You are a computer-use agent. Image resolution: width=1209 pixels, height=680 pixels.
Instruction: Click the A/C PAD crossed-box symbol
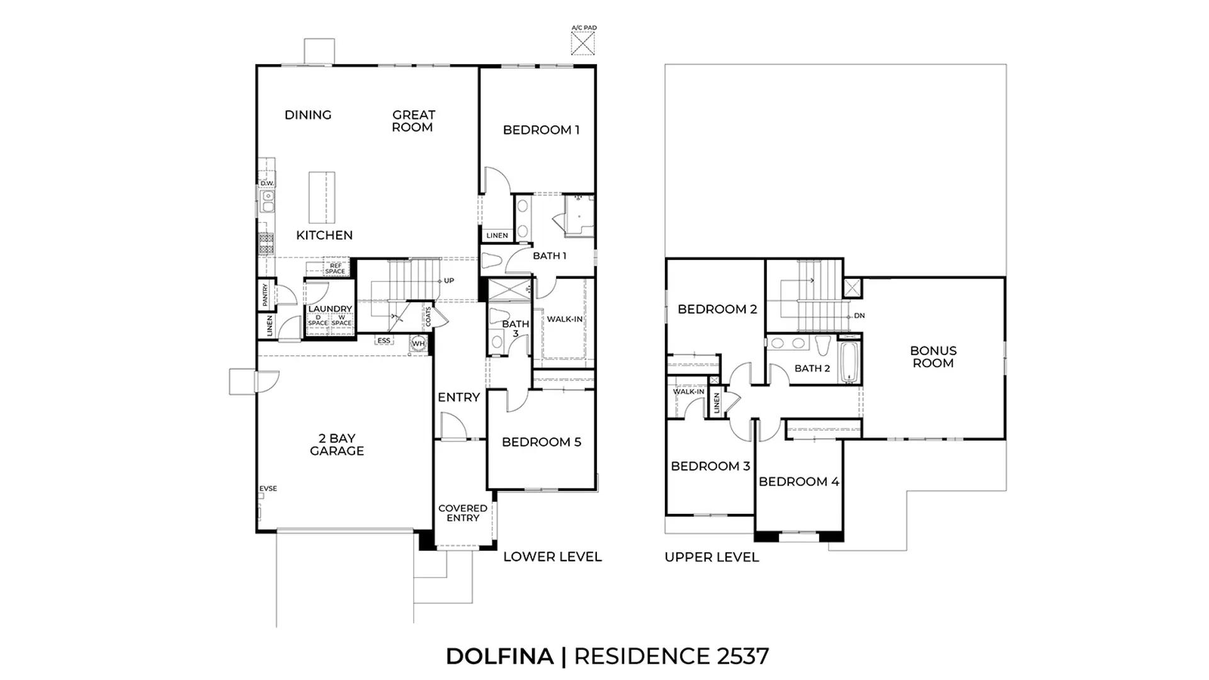click(x=583, y=43)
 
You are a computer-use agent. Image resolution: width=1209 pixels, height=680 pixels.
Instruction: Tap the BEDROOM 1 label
click(x=541, y=130)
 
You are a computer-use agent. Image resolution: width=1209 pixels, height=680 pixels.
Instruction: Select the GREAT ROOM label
click(x=413, y=121)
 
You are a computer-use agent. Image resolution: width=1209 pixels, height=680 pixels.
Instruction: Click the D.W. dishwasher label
click(x=267, y=183)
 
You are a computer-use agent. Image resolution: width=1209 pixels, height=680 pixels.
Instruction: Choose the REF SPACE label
click(x=335, y=269)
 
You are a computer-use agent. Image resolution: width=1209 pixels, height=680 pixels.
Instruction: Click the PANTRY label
click(x=265, y=295)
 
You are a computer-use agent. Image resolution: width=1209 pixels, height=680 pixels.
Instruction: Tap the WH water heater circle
click(x=419, y=344)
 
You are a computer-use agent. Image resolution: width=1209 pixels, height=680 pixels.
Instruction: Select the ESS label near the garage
click(x=383, y=341)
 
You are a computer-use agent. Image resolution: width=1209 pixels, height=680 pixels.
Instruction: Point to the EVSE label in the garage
click(x=268, y=489)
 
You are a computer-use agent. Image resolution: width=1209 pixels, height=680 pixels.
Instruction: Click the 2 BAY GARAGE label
click(x=337, y=445)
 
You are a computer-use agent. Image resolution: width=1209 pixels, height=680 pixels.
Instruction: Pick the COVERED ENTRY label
click(x=463, y=513)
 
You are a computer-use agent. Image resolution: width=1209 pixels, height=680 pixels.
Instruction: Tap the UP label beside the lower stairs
click(x=449, y=281)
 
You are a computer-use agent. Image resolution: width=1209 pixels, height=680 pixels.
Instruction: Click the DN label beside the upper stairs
click(x=860, y=316)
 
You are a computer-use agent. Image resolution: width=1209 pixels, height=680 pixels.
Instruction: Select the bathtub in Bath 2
click(x=848, y=362)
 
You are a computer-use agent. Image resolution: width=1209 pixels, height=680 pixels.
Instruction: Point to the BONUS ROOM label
click(x=933, y=357)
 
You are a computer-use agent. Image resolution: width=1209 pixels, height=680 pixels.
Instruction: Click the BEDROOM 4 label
click(x=798, y=482)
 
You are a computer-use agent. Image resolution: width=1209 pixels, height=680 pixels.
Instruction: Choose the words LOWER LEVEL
click(x=552, y=557)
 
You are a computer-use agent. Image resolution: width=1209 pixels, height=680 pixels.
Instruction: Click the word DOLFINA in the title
click(x=499, y=656)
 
